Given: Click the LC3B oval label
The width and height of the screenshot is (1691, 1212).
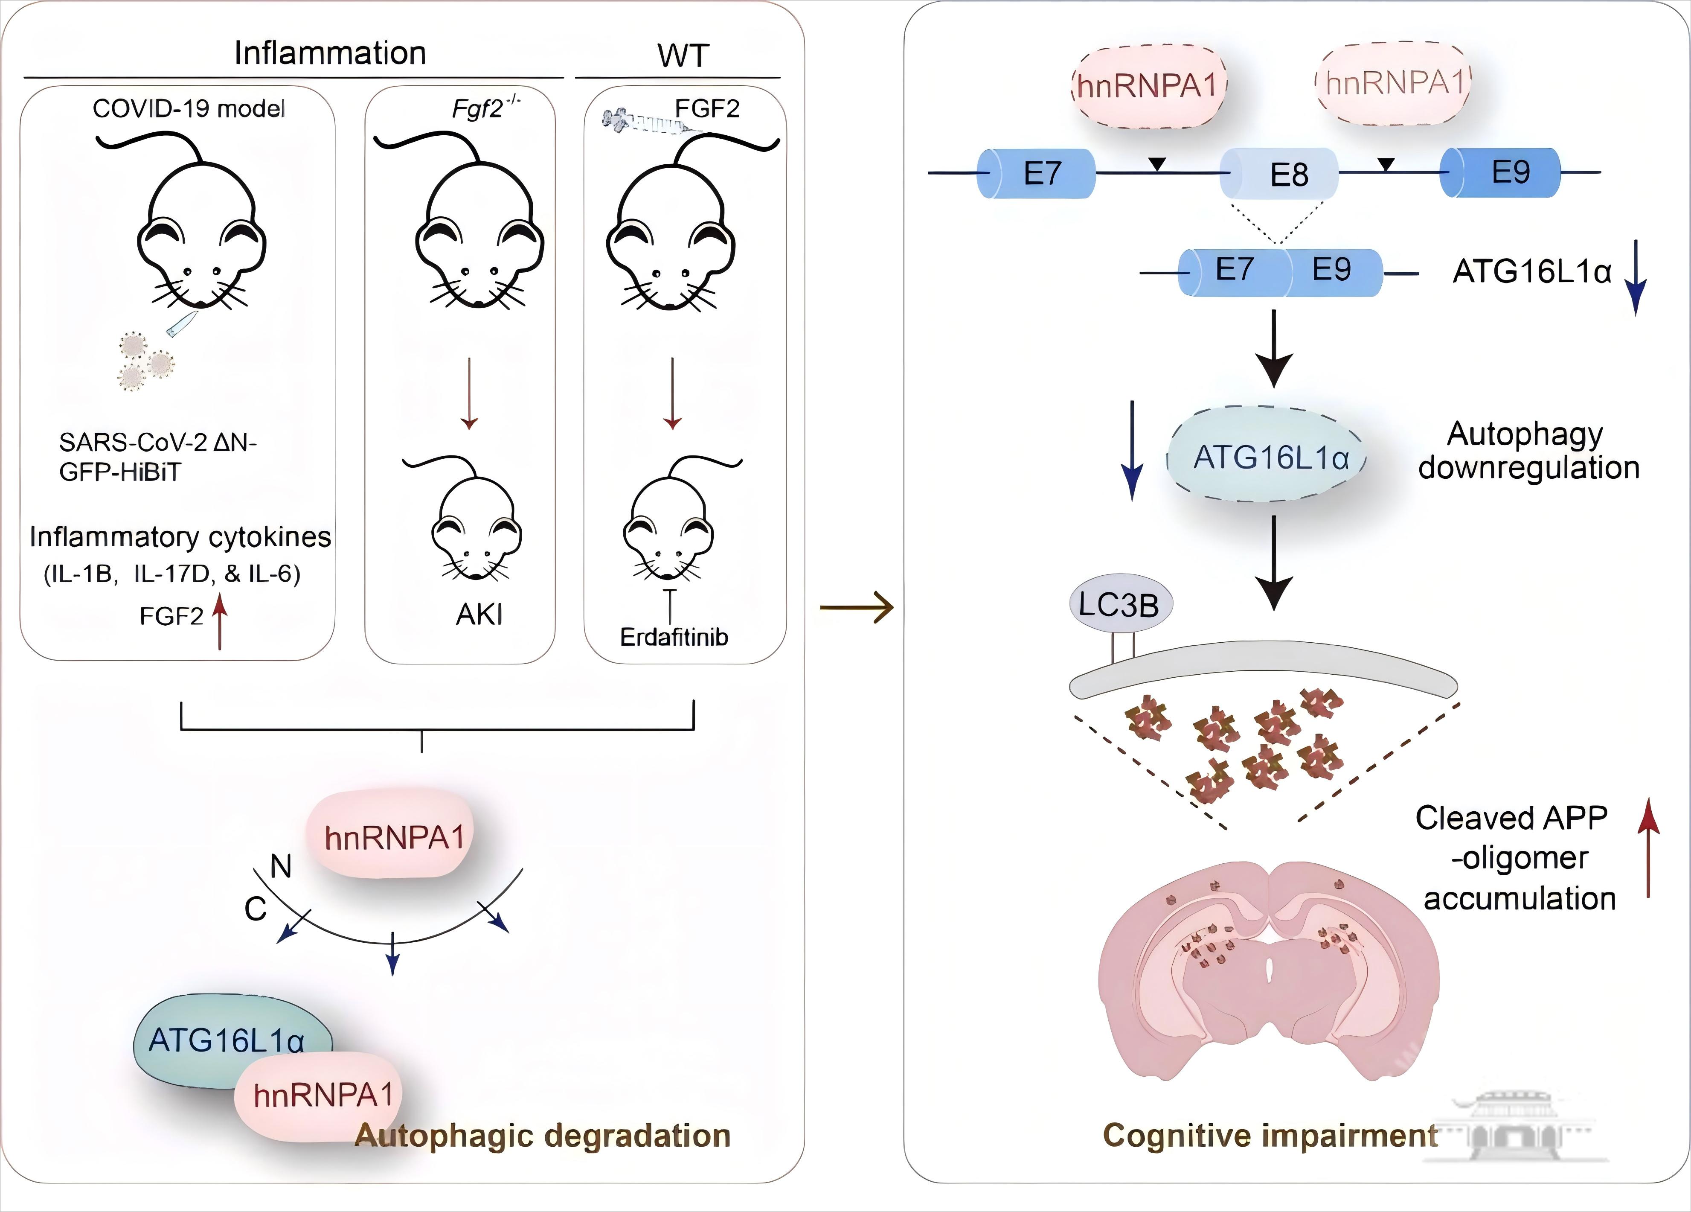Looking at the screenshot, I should click(1120, 604).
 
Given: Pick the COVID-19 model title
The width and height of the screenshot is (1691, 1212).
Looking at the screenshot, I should click(189, 109).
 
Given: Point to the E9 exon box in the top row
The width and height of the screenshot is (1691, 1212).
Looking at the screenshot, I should click(1501, 172).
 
